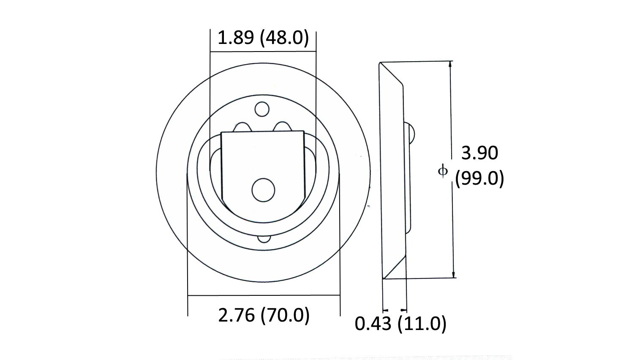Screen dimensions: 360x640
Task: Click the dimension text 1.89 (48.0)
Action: coord(263,38)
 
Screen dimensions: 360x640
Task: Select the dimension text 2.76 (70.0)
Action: coord(264,315)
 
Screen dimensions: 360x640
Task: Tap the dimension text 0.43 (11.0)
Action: coord(400,324)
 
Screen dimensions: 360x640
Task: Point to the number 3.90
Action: coord(479,153)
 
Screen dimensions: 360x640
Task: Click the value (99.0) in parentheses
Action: coord(479,179)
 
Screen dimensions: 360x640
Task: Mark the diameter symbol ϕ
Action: coord(442,171)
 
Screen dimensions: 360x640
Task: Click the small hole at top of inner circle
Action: coord(262,109)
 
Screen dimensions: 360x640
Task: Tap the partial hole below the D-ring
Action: coord(264,239)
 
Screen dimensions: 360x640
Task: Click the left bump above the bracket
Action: coord(242,127)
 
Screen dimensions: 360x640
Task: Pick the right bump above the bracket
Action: coord(282,126)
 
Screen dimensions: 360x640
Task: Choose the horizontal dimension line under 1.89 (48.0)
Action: coord(263,52)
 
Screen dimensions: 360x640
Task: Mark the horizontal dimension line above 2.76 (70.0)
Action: coord(264,295)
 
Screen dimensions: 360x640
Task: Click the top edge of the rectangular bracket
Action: coord(263,131)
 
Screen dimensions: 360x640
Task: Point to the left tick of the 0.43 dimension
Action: coord(384,310)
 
